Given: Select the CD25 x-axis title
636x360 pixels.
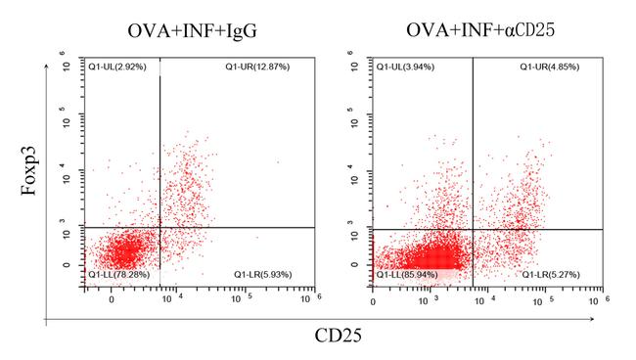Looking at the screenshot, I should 340,337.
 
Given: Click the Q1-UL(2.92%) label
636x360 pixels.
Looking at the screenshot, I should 116,67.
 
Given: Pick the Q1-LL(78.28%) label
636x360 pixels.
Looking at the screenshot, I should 119,274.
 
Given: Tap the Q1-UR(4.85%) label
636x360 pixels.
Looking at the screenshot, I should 550,67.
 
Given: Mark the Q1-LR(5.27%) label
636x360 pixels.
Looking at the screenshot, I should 550,274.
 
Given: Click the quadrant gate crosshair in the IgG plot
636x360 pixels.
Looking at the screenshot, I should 159,228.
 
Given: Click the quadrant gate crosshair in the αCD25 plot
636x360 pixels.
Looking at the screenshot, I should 474,229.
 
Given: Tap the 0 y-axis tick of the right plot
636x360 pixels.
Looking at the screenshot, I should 365,264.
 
